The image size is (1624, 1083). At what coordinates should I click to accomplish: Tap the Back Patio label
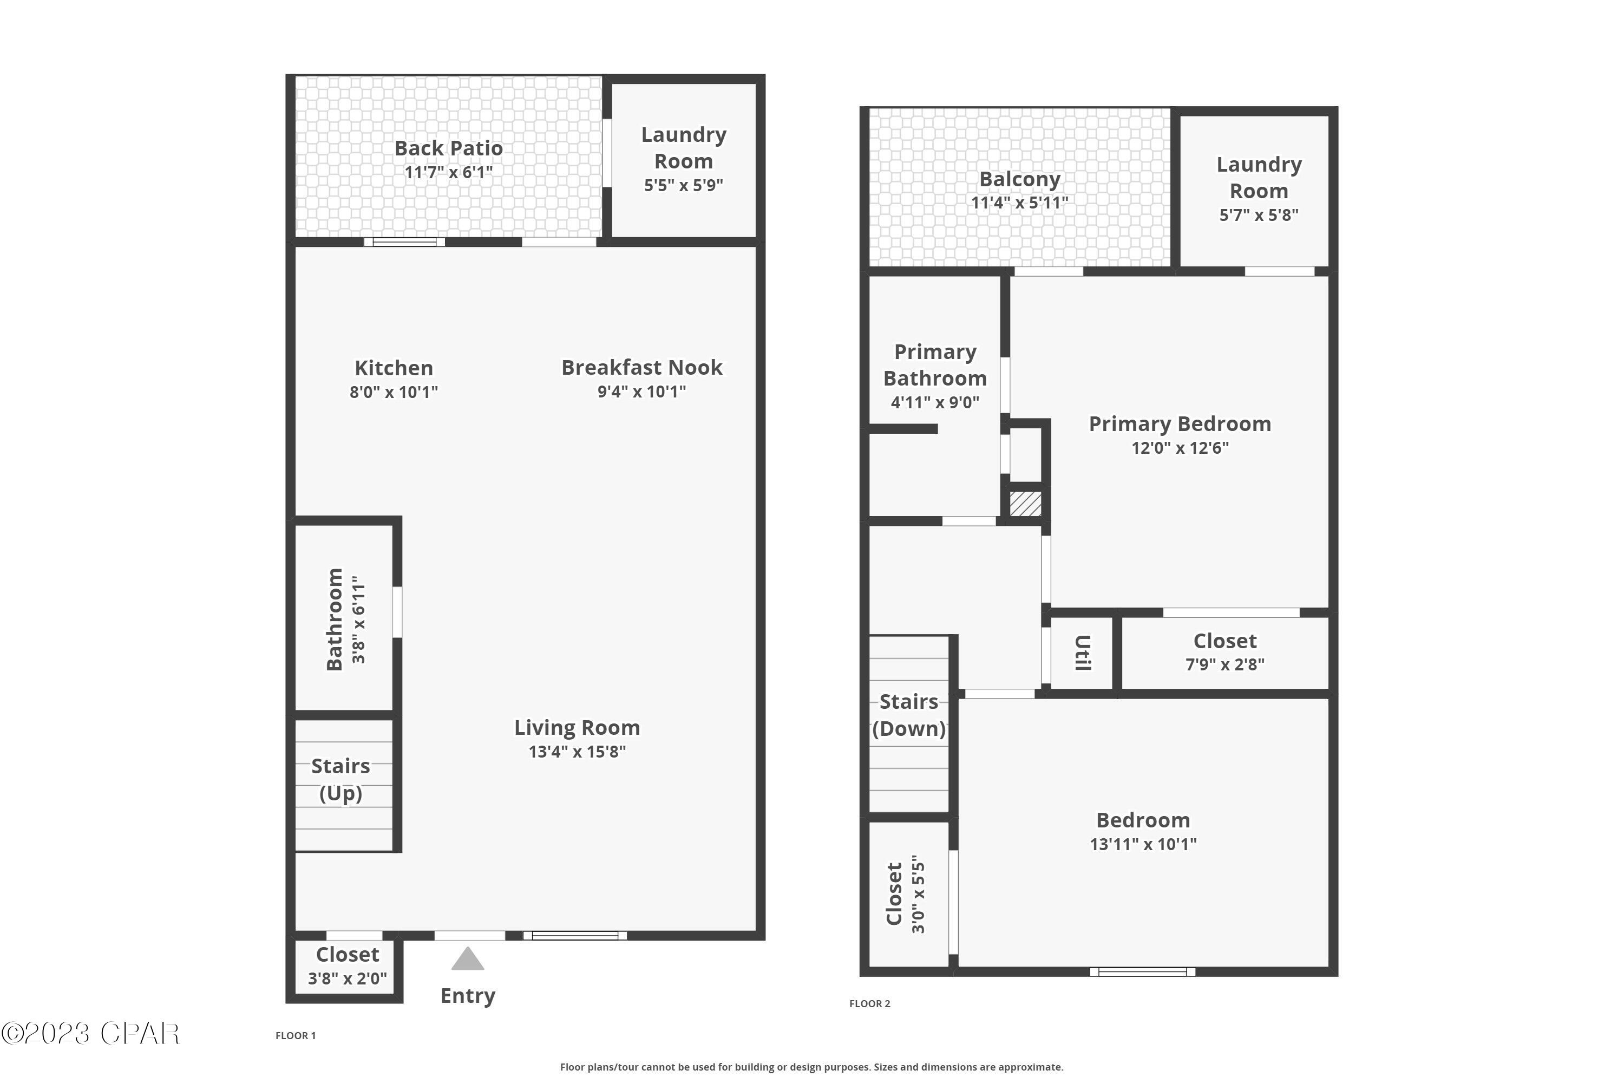point(448,148)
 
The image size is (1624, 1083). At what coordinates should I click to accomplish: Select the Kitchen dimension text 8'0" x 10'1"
point(394,392)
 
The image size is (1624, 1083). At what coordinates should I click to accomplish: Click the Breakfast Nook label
point(641,368)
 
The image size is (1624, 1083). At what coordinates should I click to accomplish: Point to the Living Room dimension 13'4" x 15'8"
point(577,752)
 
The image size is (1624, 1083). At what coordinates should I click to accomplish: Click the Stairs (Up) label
point(340,779)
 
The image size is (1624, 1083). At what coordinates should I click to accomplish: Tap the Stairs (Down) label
point(909,715)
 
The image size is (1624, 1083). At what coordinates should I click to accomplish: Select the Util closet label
point(1083,653)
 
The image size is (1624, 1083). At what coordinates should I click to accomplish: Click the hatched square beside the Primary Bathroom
point(1025,504)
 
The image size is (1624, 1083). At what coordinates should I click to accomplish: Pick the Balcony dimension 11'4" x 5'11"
point(1019,203)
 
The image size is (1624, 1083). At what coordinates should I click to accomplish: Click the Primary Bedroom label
point(1180,423)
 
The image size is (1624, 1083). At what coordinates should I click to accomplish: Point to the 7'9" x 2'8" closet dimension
point(1225,664)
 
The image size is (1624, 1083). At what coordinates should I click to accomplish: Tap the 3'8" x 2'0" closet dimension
point(348,978)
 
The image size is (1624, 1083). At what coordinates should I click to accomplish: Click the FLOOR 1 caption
point(296,1035)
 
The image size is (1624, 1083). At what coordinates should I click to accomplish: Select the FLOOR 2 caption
point(869,1003)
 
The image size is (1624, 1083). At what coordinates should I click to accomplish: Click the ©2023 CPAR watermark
point(90,1034)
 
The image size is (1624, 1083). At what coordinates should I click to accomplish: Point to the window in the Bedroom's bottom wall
point(1142,972)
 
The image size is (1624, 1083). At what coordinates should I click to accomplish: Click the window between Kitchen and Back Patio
point(404,242)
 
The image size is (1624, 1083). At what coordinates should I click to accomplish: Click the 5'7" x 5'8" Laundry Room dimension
point(1259,215)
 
